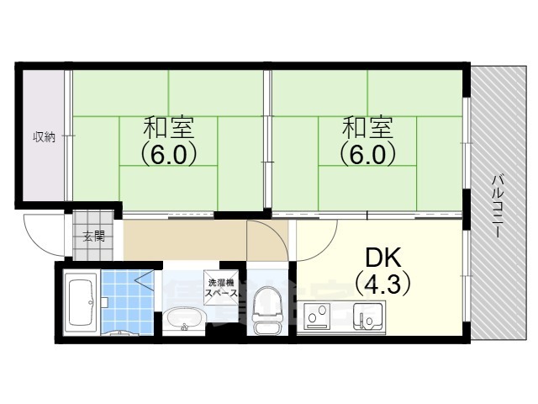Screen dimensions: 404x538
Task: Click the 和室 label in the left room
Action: click(x=168, y=129)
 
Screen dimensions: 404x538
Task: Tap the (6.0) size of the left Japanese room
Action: click(x=168, y=155)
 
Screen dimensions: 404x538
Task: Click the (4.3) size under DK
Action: click(x=382, y=284)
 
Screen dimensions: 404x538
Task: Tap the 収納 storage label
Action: click(x=44, y=136)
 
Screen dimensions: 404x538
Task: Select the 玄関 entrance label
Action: click(x=93, y=236)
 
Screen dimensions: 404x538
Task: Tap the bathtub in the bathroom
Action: click(x=81, y=304)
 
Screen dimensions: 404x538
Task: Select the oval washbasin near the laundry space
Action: click(x=182, y=320)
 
